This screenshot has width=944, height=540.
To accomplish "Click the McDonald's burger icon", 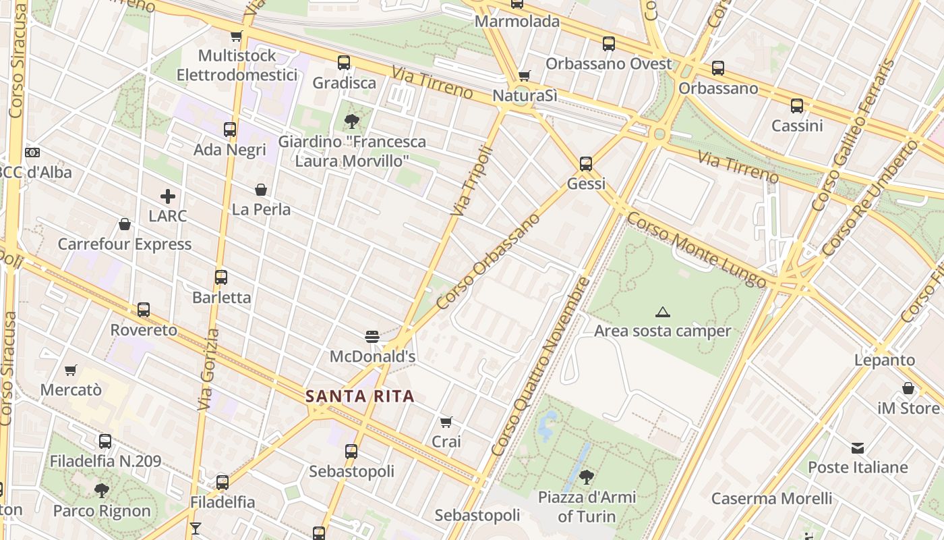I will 372,335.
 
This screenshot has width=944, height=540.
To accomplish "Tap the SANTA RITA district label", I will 360,396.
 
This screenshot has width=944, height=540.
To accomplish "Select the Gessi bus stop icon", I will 586,163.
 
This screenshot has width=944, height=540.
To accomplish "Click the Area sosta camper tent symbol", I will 663,312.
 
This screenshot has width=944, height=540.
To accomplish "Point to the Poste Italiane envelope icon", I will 858,448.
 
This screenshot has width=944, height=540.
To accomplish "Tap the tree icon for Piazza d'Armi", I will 587,477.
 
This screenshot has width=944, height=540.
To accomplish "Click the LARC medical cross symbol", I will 168,196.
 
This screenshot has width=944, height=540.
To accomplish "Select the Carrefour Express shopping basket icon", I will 125,224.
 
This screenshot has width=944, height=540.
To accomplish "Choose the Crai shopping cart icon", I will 446,422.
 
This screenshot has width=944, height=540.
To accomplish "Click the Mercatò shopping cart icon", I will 71,370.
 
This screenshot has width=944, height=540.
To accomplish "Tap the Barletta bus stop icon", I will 221,277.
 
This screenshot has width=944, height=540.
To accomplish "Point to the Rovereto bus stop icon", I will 144,310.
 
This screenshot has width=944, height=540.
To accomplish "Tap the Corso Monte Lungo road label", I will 697,249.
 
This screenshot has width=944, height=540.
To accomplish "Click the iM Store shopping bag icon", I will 908,389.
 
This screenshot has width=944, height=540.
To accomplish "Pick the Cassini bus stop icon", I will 797,106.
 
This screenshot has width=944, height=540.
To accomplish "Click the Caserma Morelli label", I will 771,499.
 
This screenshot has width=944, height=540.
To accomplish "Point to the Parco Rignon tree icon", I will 102,491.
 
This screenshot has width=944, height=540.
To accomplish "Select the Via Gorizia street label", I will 208,369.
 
